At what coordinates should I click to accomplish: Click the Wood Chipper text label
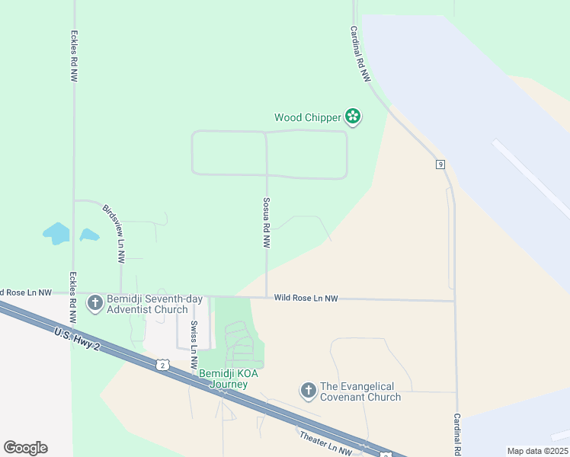[307, 117]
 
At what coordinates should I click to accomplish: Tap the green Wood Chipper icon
[353, 117]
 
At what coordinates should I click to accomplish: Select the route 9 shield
[440, 164]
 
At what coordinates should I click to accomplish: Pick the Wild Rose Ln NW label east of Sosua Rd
[306, 299]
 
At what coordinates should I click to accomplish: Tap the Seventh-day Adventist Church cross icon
[95, 303]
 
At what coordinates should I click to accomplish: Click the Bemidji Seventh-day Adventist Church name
[147, 304]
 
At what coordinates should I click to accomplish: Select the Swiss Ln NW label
[194, 345]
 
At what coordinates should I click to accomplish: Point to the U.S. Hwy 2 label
[77, 339]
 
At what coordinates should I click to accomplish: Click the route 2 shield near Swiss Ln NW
[162, 366]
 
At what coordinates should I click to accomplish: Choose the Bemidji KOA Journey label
[223, 379]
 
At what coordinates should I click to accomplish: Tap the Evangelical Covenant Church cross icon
[309, 391]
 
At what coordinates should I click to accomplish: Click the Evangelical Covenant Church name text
[360, 391]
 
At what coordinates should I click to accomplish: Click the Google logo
[25, 448]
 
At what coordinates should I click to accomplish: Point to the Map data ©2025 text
[536, 451]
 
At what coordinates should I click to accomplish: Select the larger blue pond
[56, 233]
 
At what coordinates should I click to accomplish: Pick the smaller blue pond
[89, 235]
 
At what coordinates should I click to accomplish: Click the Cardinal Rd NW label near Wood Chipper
[360, 55]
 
